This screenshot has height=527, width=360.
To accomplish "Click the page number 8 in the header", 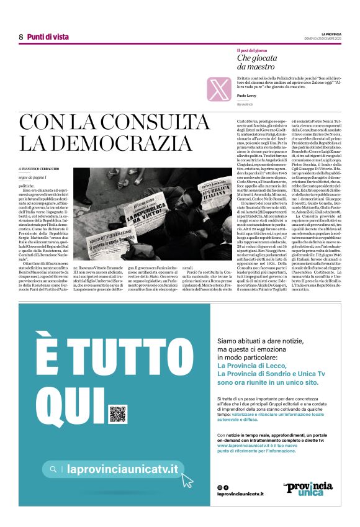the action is [21, 37].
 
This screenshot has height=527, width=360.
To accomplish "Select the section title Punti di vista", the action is [48, 37].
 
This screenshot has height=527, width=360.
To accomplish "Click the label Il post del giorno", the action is [251, 50].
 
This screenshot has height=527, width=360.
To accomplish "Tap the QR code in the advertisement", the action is [117, 413].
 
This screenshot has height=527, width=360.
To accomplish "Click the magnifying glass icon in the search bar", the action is [54, 470].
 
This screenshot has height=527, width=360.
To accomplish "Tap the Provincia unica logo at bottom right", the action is [308, 489].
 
